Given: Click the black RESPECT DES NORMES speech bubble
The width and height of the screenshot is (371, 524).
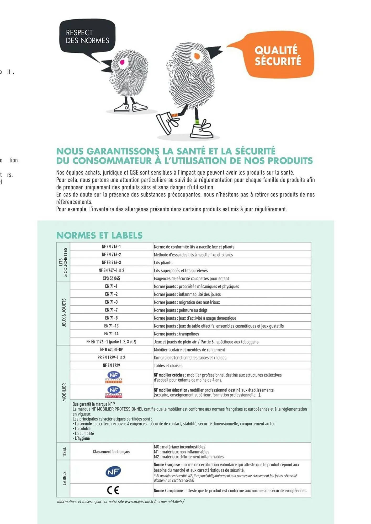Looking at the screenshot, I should pyautogui.click(x=87, y=36).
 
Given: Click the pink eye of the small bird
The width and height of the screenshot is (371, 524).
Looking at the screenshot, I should pyautogui.click(x=122, y=62).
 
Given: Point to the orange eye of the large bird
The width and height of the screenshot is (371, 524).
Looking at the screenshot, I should pyautogui.click(x=197, y=56).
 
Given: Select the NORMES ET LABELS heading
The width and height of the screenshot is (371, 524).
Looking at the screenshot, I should pyautogui.click(x=99, y=235).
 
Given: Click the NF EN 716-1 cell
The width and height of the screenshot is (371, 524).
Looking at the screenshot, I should pyautogui.click(x=111, y=247).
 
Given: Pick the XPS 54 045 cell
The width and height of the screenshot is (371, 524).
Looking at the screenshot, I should pyautogui.click(x=111, y=278).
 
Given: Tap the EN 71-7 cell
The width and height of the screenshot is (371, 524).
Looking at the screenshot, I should pyautogui.click(x=111, y=310).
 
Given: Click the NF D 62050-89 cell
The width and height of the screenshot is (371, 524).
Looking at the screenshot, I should pyautogui.click(x=111, y=350).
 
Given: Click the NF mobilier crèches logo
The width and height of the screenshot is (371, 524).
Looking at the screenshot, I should pyautogui.click(x=114, y=377).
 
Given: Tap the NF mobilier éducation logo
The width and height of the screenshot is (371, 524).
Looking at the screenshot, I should pyautogui.click(x=114, y=392).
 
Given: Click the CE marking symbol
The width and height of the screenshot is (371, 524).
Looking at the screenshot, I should pyautogui.click(x=113, y=490).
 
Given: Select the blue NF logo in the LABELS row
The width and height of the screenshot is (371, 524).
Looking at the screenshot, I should pyautogui.click(x=113, y=472).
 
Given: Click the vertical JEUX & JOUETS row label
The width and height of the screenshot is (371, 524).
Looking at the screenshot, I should pyautogui.click(x=64, y=313).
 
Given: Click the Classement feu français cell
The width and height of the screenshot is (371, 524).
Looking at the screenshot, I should pyautogui.click(x=111, y=452).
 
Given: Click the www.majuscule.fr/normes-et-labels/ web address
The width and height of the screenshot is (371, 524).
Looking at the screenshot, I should pyautogui.click(x=155, y=501).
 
